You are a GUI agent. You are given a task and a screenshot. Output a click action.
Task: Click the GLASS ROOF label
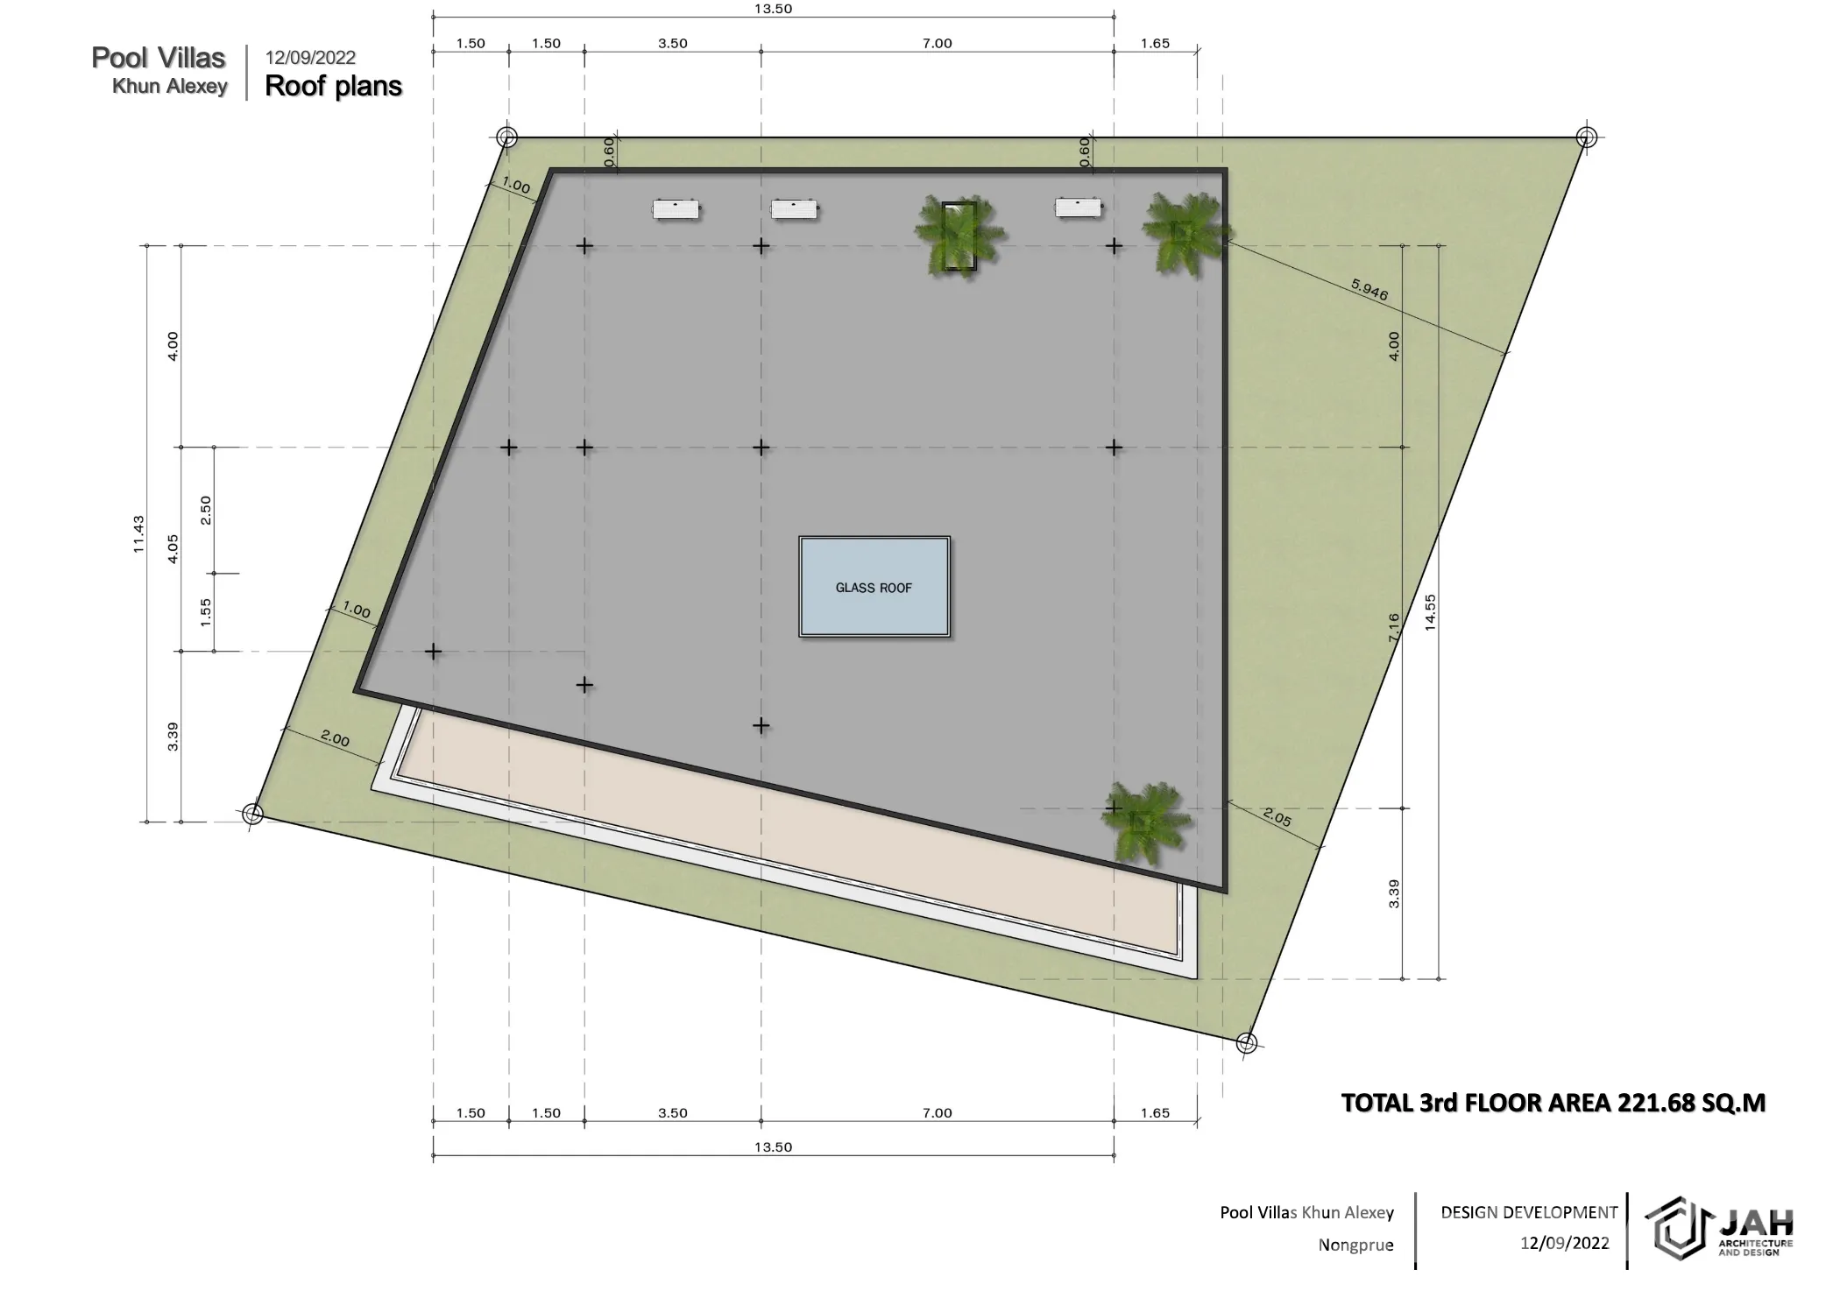[x=874, y=588]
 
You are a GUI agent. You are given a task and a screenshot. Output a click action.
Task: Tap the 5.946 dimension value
[x=1369, y=289]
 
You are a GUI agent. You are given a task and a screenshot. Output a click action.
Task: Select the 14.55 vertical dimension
[x=1431, y=612]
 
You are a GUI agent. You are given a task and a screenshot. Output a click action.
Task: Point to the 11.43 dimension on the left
[x=138, y=534]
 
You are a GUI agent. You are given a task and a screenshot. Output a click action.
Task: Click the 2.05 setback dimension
[x=1277, y=817]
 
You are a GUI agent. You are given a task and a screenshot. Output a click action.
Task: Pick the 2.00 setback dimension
[x=335, y=739]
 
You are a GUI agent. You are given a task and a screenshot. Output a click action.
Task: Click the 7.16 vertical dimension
[x=1394, y=627]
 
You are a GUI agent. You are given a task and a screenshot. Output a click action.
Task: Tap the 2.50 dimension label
[x=206, y=510]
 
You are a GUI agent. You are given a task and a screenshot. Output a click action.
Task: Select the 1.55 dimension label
[x=206, y=612]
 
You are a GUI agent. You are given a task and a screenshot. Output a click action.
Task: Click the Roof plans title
[x=334, y=86]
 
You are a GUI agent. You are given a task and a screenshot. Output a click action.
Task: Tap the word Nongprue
[x=1355, y=1245]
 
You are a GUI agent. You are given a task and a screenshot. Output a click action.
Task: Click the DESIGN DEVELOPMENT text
[x=1529, y=1212]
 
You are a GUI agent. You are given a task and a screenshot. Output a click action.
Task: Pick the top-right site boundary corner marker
[x=1586, y=138]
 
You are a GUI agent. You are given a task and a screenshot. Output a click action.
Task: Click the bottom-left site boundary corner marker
[x=252, y=814]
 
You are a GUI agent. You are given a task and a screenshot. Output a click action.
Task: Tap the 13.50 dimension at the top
[x=773, y=9]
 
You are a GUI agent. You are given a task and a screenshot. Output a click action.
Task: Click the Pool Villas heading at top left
[x=159, y=58]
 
